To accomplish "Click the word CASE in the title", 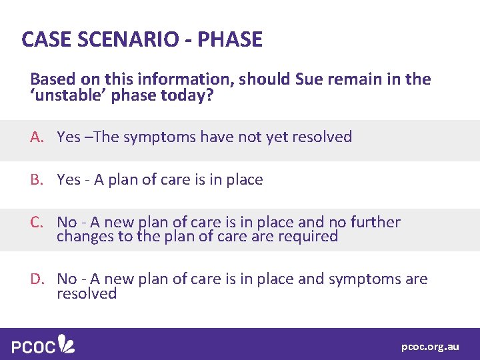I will [x=45, y=39].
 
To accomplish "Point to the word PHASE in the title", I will [x=231, y=39].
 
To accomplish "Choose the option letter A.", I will [x=36, y=137].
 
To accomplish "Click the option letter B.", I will [x=36, y=180].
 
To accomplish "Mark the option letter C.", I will [x=36, y=222].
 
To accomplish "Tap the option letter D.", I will [x=36, y=279].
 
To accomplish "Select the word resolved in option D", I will [x=87, y=294].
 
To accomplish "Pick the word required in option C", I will [x=310, y=237].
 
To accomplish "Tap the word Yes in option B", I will [x=69, y=180].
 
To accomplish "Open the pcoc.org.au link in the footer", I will [x=430, y=347].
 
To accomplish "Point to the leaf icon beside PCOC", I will [x=67, y=343].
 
